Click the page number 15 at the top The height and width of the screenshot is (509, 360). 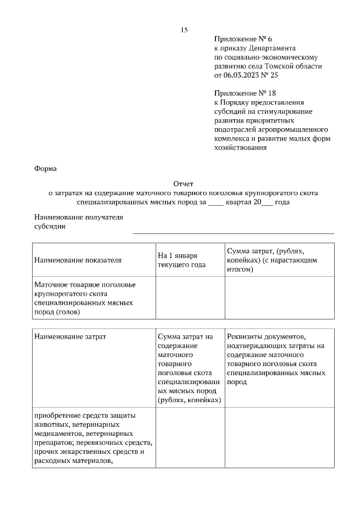click(x=183, y=30)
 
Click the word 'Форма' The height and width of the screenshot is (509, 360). click(x=46, y=168)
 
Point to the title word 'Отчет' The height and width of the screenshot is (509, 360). click(x=183, y=183)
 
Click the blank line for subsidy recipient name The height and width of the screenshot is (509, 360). click(x=233, y=231)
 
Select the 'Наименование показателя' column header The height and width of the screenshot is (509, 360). click(x=78, y=260)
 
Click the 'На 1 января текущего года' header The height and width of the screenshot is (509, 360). click(x=182, y=260)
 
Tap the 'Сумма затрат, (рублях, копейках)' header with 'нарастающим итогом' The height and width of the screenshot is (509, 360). click(x=272, y=260)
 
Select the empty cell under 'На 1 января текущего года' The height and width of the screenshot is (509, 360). click(x=190, y=298)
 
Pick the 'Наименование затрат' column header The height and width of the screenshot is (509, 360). click(x=70, y=336)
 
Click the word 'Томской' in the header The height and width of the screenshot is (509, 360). click(x=286, y=66)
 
